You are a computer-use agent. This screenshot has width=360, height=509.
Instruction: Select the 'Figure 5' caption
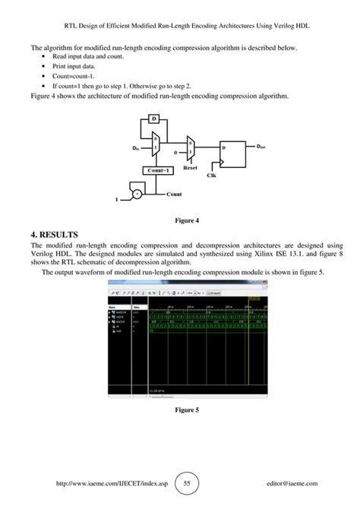click(186, 409)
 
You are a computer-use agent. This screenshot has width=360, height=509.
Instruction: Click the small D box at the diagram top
click(153, 119)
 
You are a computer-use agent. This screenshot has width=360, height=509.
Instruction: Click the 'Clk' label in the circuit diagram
click(212, 175)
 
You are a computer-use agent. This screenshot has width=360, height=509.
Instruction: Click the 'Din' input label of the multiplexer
click(137, 149)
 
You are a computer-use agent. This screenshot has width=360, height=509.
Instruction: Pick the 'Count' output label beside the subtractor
click(174, 194)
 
